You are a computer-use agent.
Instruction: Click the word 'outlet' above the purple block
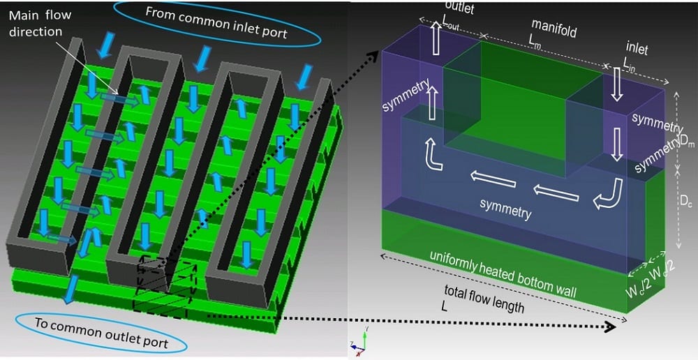[x=458, y=9]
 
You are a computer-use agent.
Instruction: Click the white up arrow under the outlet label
[x=436, y=42]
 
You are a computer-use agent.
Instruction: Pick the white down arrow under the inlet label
[x=617, y=89]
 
